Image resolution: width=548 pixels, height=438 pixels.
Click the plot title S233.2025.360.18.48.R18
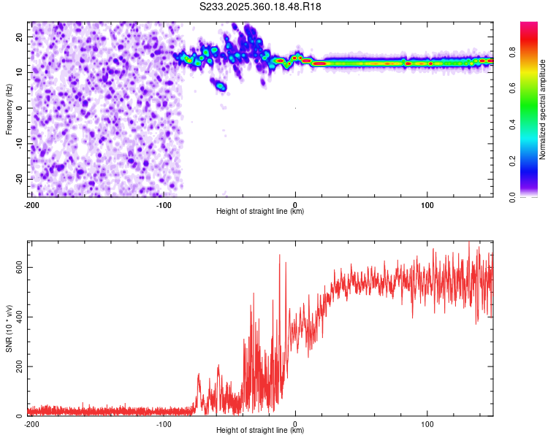(x=260, y=7)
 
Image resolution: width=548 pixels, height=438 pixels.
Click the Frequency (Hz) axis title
(x=9, y=109)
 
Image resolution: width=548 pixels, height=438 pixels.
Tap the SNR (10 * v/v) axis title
(x=9, y=328)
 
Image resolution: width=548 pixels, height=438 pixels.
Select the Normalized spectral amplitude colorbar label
(x=543, y=109)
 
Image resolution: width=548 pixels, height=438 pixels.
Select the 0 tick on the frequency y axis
(x=22, y=108)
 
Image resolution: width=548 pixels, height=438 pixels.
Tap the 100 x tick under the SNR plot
(x=427, y=424)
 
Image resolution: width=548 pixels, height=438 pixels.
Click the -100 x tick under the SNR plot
(x=164, y=424)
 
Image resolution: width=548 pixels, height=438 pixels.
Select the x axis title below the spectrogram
(x=260, y=212)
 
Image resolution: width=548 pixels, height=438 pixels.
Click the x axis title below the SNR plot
(x=260, y=431)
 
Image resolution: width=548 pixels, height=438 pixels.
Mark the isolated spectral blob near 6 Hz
(x=219, y=85)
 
